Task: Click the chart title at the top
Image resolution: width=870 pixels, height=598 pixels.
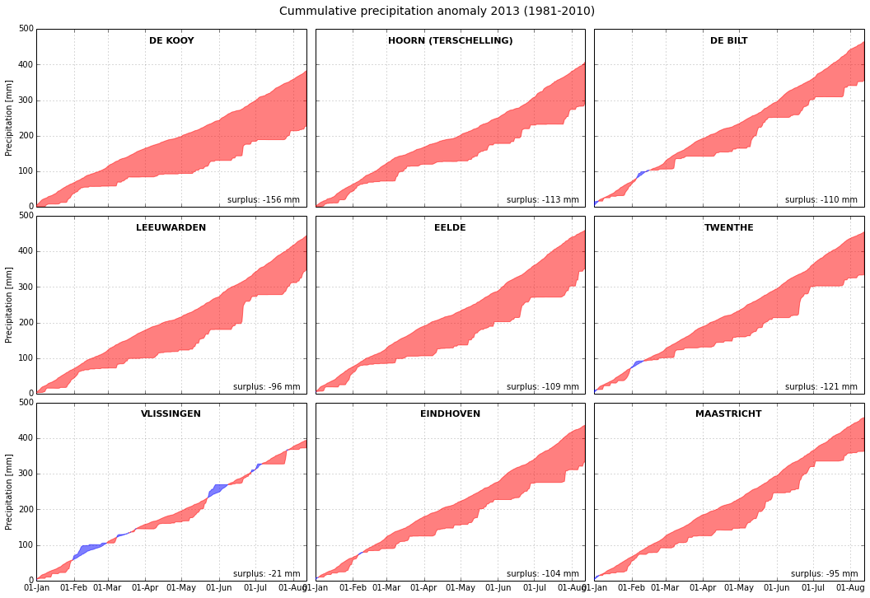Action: [437, 11]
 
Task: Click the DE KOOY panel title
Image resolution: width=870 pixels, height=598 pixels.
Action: [171, 40]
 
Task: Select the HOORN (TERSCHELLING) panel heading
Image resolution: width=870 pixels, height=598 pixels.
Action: [450, 40]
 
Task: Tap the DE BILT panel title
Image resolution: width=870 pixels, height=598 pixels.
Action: [728, 40]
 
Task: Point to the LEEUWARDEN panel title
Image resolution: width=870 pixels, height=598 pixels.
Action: [171, 227]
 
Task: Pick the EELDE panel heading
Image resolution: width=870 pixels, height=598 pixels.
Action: [450, 227]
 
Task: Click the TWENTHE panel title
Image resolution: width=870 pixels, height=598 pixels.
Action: [728, 227]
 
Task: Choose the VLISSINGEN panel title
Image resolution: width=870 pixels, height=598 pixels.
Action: [171, 413]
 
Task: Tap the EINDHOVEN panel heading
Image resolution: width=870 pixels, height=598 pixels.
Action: [450, 413]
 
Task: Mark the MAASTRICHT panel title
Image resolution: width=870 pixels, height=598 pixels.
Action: [728, 413]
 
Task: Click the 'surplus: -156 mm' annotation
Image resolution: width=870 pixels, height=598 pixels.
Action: [264, 199]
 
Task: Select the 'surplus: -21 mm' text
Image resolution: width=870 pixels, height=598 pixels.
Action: [266, 573]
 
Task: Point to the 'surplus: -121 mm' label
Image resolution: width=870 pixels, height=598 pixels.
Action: [821, 386]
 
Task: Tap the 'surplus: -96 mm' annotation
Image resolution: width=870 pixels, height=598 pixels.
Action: [266, 386]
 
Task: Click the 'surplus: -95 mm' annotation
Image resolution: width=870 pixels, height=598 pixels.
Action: [824, 573]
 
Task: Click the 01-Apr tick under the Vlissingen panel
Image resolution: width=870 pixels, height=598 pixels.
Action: [146, 588]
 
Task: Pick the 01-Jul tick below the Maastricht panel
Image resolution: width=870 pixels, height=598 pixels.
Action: [813, 588]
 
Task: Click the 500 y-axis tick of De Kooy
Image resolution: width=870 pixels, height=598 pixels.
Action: [26, 29]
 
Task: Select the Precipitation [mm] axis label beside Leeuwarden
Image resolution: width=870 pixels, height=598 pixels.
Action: [8, 305]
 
